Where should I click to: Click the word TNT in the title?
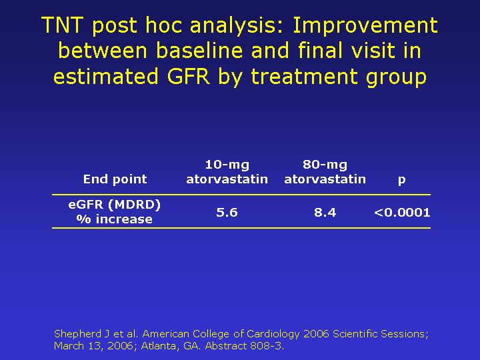click(x=62, y=25)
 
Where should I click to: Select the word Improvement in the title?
click(x=365, y=25)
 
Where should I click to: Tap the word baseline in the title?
click(x=199, y=50)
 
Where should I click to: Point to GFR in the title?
click(x=188, y=76)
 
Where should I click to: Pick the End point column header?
click(x=115, y=179)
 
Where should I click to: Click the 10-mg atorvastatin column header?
click(x=227, y=172)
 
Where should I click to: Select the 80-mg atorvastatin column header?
click(x=325, y=172)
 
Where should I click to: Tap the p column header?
click(x=401, y=180)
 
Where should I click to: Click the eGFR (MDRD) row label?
click(x=115, y=205)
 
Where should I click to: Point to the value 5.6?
click(x=227, y=212)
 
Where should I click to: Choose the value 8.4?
click(x=325, y=212)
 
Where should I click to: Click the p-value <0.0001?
click(x=402, y=212)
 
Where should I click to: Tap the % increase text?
click(x=114, y=219)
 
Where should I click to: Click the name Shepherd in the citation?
click(x=78, y=334)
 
